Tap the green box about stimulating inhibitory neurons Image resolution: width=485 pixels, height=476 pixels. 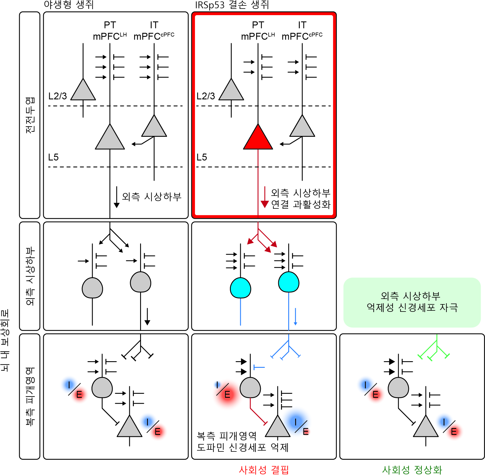pos(412,302)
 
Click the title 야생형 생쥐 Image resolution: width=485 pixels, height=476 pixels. pos(69,5)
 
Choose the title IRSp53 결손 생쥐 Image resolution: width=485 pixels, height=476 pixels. pos(232,5)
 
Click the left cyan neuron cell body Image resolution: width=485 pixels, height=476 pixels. pos(240,288)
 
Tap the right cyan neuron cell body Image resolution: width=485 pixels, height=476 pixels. pos(289,282)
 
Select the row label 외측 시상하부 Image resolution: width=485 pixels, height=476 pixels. pos(30,276)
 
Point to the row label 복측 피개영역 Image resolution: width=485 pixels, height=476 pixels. pos(30,396)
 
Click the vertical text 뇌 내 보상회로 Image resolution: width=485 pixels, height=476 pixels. pos(5,340)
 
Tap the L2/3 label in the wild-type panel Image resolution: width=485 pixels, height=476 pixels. pos(57,96)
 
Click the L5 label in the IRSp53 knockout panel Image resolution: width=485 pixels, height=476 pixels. pos(202,157)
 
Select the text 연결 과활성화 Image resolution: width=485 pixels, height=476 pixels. pos(301,204)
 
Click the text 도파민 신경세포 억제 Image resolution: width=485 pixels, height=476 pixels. pos(242,447)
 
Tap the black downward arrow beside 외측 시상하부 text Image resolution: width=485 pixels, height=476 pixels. pos(117,197)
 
